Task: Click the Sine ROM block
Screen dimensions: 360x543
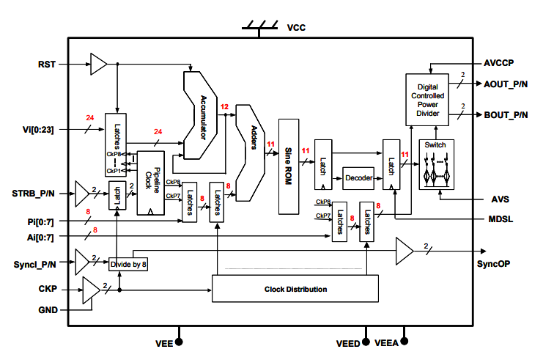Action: click(289, 166)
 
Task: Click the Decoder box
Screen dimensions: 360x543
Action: click(358, 178)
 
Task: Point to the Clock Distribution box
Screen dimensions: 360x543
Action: click(295, 289)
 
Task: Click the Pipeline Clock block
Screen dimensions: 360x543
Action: click(150, 183)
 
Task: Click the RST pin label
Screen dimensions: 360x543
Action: click(47, 64)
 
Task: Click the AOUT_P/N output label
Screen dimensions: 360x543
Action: click(506, 84)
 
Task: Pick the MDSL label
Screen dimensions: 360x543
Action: click(501, 218)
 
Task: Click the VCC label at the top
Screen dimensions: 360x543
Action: click(296, 28)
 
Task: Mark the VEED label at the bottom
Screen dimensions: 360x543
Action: click(347, 342)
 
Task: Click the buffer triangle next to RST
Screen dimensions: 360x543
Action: click(98, 64)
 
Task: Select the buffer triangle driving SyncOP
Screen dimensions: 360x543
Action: click(405, 251)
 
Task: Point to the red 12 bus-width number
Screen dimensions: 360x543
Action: click(225, 108)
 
